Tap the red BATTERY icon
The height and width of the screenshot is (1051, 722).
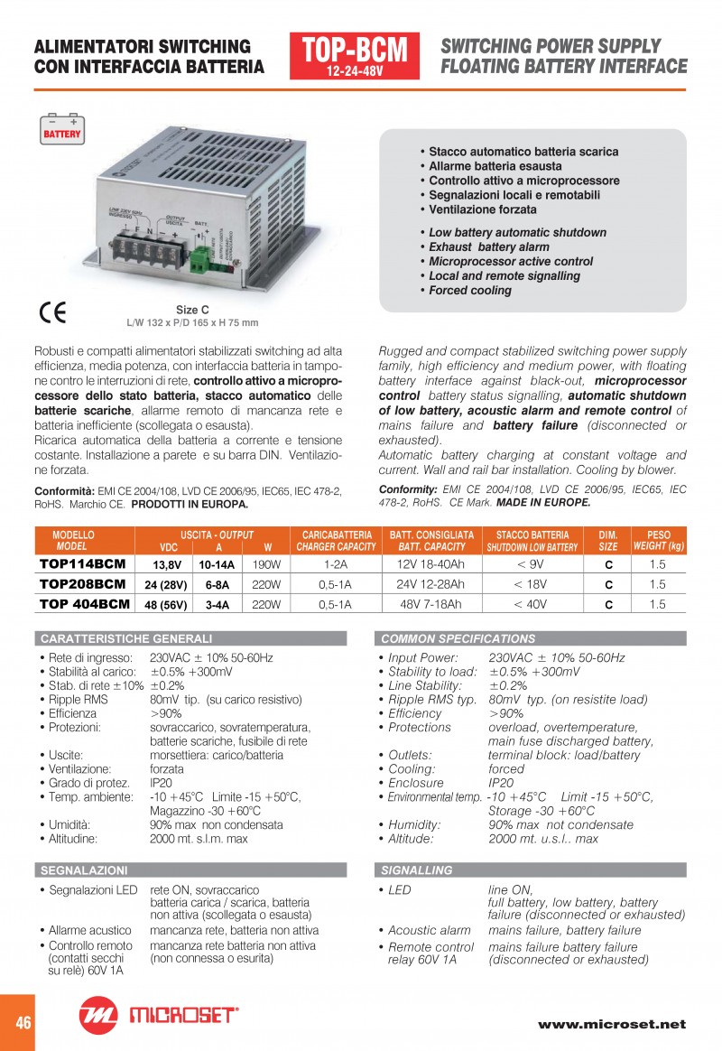click(x=62, y=129)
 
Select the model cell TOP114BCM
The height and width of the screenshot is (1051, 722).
click(x=83, y=563)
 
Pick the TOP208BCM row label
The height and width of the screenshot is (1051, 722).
click(x=83, y=584)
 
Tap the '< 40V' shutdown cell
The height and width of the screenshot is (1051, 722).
click(x=531, y=604)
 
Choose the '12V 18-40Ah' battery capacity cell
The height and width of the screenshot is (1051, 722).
click(x=430, y=563)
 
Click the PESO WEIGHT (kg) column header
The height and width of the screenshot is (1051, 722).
click(x=659, y=541)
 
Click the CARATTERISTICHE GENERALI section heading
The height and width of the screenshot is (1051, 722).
click(x=126, y=638)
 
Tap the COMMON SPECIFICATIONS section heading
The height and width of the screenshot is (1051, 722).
click(x=458, y=638)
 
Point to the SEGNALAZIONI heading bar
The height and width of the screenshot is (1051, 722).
click(x=84, y=870)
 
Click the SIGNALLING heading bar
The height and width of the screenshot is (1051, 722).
click(x=417, y=870)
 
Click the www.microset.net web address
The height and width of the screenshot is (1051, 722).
click(x=612, y=1024)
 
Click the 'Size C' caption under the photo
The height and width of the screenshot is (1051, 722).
click(x=191, y=310)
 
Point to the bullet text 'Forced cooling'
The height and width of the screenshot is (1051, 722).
click(x=469, y=291)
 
